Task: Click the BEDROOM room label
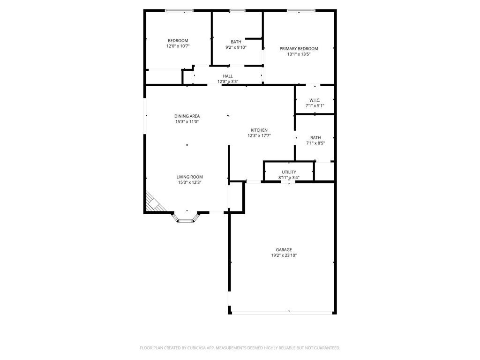178,41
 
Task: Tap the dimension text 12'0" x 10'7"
178,46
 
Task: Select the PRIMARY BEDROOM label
299,49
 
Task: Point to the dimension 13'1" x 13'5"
299,54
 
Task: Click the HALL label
228,76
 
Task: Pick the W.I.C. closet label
315,100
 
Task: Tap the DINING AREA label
187,116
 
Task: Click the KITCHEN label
259,130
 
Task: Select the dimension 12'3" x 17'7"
259,136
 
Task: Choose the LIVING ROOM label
189,177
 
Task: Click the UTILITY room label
289,172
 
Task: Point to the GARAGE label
284,250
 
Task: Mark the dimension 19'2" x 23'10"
284,255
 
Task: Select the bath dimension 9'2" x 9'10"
236,47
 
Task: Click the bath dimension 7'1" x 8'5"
315,143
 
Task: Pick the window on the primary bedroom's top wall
301,10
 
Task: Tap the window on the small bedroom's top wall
179,10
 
